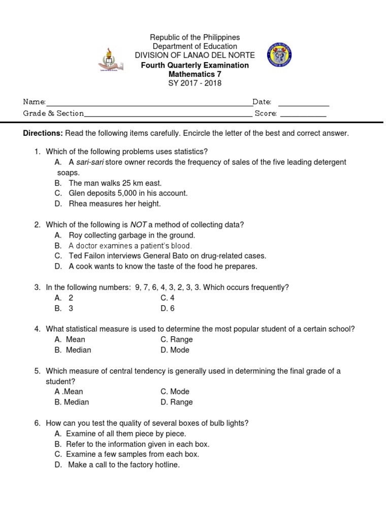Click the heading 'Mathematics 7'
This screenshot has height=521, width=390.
click(x=195, y=74)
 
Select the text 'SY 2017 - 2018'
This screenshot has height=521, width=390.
click(x=195, y=83)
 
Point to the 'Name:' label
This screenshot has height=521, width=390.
click(x=35, y=102)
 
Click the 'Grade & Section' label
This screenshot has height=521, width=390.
click(x=53, y=113)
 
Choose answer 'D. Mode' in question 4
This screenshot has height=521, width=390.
click(x=175, y=350)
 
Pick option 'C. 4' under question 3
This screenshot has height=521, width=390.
click(x=167, y=298)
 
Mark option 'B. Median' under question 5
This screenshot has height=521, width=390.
click(x=72, y=402)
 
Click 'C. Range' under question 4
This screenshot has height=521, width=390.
click(x=176, y=339)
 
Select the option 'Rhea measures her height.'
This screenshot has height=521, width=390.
click(x=114, y=204)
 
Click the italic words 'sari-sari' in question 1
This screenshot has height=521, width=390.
click(x=91, y=162)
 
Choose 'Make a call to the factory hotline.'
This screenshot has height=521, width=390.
click(x=123, y=465)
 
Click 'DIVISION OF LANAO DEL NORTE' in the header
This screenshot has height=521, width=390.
click(x=194, y=55)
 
